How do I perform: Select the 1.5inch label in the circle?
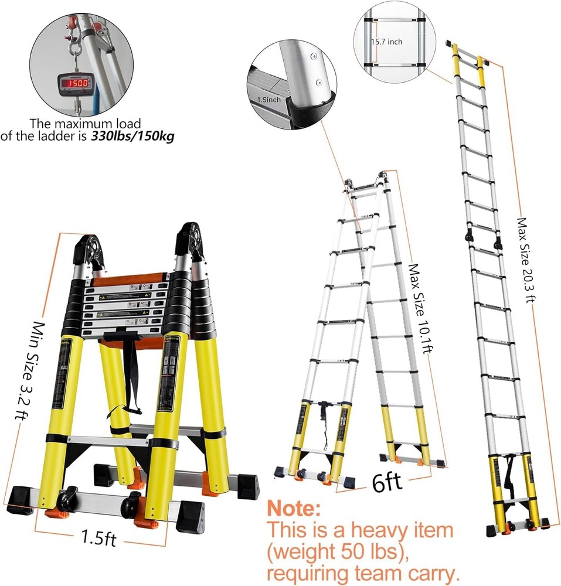(x=268, y=100)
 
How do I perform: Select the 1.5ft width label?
(x=98, y=538)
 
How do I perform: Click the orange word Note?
(x=294, y=506)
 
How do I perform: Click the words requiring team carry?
(x=363, y=573)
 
